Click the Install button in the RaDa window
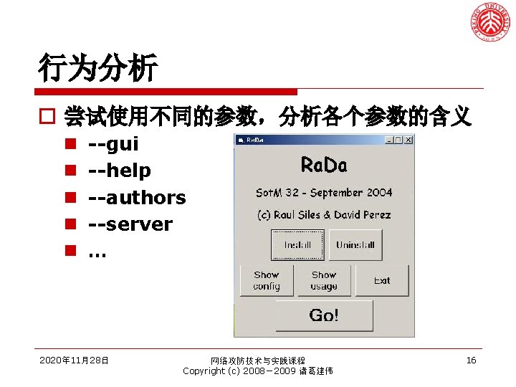pos(297,245)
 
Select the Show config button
pos(267,280)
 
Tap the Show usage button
pos(324,280)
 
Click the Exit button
pos(382,280)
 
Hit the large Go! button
pos(324,315)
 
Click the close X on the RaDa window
pos(408,140)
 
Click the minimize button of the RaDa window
pos(390,140)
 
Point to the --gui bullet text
pos(113,144)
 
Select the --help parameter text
pos(119,171)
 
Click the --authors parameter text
pos(136,197)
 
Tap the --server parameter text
pos(130,224)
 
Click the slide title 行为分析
pos(98,69)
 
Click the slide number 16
pos(471,360)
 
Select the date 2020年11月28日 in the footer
pos(75,360)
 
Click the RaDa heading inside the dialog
pos(324,166)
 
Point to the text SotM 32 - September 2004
pos(324,193)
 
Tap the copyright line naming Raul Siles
pos(324,215)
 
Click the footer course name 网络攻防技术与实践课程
pos(258,360)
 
